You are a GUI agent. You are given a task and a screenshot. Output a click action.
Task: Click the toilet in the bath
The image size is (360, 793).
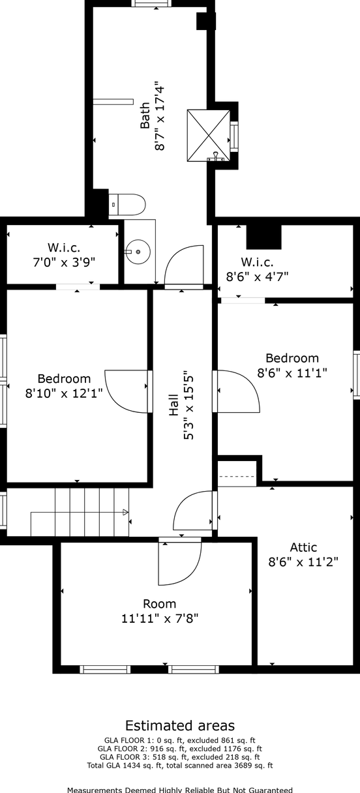pos(127,205)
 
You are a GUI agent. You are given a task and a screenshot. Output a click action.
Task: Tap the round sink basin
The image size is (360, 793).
pos(138,252)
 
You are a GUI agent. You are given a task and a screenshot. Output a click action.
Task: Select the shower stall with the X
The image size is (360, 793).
pos(209,135)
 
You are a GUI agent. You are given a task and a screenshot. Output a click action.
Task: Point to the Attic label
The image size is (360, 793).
pos(303,547)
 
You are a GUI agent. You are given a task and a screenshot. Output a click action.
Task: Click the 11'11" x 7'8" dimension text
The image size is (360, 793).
pos(160,618)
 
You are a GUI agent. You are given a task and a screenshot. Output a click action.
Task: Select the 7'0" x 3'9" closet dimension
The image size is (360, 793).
pos(64,262)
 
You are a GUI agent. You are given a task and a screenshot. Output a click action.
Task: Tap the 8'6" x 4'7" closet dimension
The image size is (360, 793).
pos(258,276)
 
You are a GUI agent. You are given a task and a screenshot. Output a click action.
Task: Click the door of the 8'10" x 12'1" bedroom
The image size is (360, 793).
pos(117,400)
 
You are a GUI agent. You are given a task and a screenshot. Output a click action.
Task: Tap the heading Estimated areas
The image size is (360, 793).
pos(180,725)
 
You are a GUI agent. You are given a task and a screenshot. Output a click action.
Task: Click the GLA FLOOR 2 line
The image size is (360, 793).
pos(180,749)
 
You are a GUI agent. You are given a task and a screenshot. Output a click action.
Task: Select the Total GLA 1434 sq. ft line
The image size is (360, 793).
pos(180,766)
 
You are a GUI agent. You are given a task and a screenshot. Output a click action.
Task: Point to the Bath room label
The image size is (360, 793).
pos(145,115)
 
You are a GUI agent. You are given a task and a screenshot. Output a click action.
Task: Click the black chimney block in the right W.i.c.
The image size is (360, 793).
pos(263,237)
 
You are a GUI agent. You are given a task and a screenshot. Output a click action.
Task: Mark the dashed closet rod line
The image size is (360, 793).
pos(237,476)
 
